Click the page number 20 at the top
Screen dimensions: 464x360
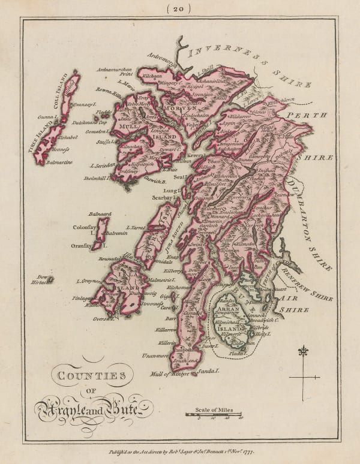pyautogui.click(x=179, y=8)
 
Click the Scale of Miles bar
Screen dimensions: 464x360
pyautogui.click(x=214, y=414)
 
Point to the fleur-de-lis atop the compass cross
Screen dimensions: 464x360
pyautogui.click(x=304, y=351)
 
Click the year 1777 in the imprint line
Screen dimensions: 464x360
pyautogui.click(x=252, y=454)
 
